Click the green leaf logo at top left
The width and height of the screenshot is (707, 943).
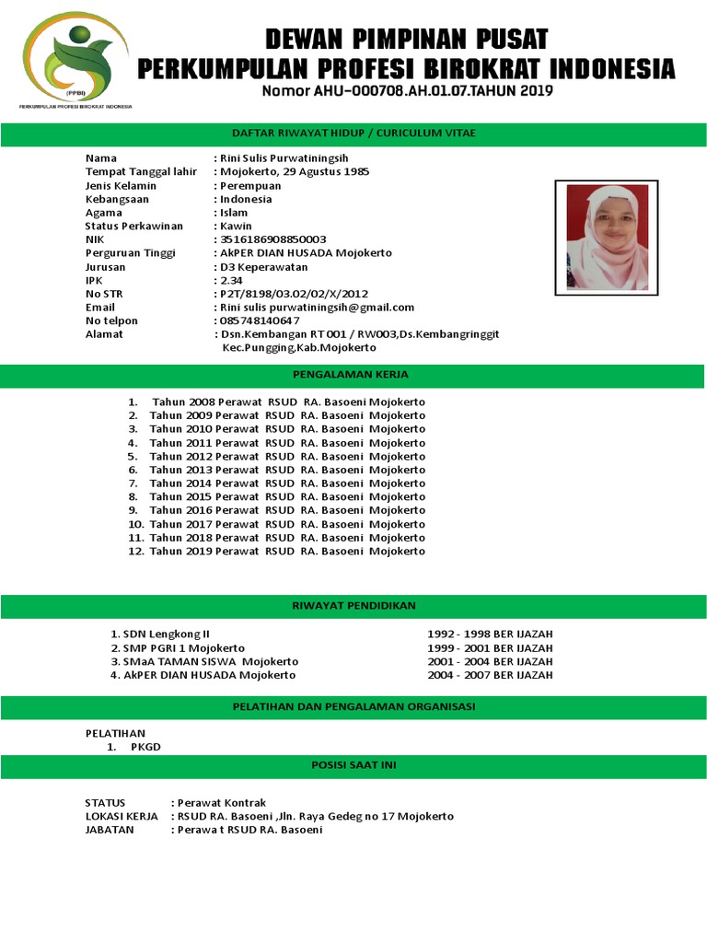[x=75, y=58]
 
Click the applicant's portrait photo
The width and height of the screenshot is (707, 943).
[x=607, y=238]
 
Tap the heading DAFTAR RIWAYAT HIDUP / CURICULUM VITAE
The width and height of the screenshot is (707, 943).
[x=353, y=134]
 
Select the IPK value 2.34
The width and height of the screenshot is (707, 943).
[x=231, y=280]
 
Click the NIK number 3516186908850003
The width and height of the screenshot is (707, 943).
[x=272, y=239]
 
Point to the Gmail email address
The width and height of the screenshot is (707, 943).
[x=316, y=308]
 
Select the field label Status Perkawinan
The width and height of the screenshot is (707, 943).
[x=133, y=227]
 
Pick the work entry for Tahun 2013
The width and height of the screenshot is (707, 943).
[x=287, y=470]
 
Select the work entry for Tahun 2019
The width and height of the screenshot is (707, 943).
[x=287, y=551]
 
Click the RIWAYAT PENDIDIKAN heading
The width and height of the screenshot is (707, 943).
[x=353, y=606]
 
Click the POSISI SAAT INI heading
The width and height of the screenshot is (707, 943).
[x=353, y=765]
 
